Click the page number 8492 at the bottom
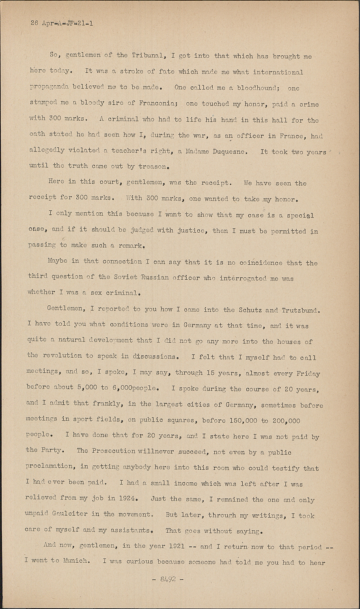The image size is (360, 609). click(168, 579)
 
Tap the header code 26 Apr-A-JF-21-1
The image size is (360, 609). click(62, 23)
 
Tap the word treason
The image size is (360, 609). click(153, 166)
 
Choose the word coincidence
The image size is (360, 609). click(254, 263)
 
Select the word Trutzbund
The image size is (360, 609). click(300, 310)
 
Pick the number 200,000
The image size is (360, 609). click(286, 421)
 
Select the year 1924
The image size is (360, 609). click(129, 498)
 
